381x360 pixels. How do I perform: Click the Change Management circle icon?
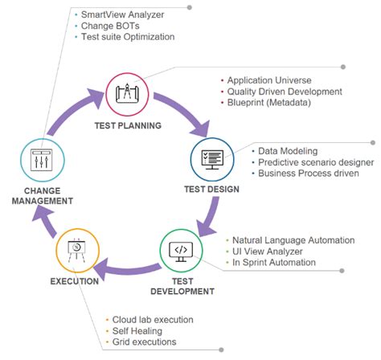(37, 164)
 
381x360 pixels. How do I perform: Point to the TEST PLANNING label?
(128, 126)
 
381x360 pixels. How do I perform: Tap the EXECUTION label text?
(74, 281)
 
